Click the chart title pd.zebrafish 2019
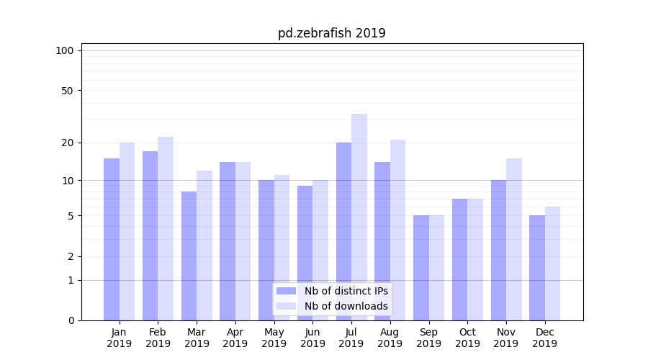coord(331,33)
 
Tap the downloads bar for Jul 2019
coord(359,217)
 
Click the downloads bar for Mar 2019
coord(204,246)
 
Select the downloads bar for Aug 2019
coord(398,230)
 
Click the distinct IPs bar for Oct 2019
coord(460,259)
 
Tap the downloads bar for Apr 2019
coord(243,241)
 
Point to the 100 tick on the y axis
coord(65,50)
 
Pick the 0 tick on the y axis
coord(71,320)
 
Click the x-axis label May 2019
coord(274,338)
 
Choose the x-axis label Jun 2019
coord(312,338)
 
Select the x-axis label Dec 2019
coord(545,338)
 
